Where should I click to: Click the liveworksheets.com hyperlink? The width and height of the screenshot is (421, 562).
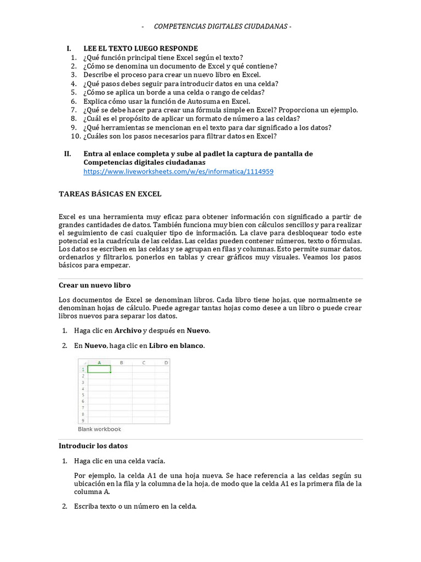pyautogui.click(x=178, y=171)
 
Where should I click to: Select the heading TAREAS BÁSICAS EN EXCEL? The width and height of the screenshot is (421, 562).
pyautogui.click(x=110, y=194)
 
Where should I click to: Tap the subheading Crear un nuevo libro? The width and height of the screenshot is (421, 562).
pyautogui.click(x=94, y=285)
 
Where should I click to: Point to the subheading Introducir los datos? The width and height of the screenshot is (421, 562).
pyautogui.click(x=93, y=446)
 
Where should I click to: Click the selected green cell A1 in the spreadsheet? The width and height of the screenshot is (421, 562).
pyautogui.click(x=99, y=369)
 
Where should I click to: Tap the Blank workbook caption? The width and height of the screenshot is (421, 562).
pyautogui.click(x=99, y=429)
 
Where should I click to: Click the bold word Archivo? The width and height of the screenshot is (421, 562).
pyautogui.click(x=128, y=330)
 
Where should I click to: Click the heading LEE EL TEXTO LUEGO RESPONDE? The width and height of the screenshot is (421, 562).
pyautogui.click(x=140, y=48)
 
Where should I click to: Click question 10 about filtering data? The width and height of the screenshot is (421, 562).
pyautogui.click(x=180, y=136)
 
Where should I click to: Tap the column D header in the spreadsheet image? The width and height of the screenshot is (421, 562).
pyautogui.click(x=165, y=362)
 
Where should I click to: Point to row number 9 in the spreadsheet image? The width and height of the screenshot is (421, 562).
pyautogui.click(x=82, y=420)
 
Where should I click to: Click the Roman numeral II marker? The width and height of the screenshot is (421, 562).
pyautogui.click(x=67, y=154)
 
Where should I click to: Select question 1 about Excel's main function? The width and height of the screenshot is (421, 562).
pyautogui.click(x=163, y=57)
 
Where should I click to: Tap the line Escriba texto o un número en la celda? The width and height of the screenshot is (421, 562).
pyautogui.click(x=135, y=506)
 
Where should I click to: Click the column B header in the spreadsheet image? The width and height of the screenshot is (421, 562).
pyautogui.click(x=121, y=362)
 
